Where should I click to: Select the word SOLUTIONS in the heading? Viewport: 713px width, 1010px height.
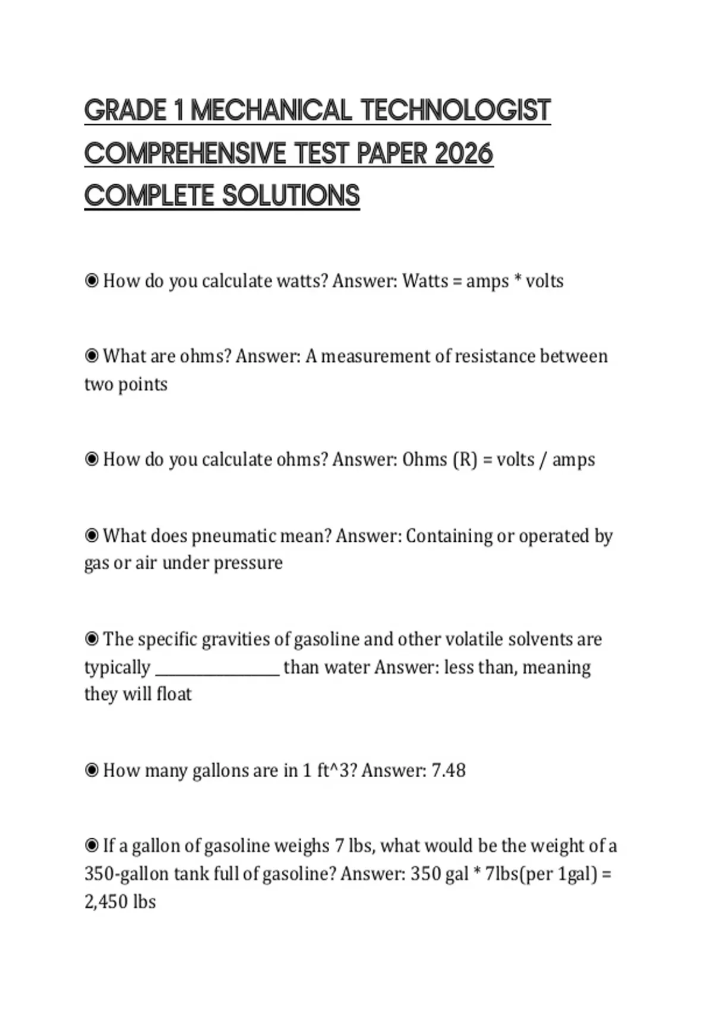[291, 196]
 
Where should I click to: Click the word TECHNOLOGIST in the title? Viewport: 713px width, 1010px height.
[456, 111]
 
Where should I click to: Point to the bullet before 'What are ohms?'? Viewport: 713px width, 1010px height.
[92, 356]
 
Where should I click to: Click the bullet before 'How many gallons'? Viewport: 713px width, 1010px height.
[92, 771]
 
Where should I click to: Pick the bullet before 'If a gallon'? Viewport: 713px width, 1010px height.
[92, 845]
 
